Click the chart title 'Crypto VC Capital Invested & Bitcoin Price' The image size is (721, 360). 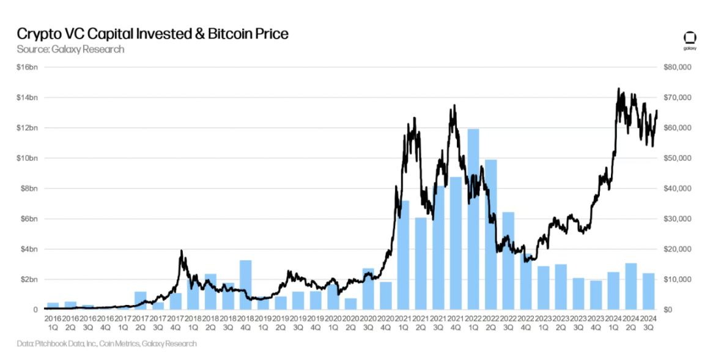pos(152,34)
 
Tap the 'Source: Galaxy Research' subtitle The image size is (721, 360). pos(70,49)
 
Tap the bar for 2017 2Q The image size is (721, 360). pos(141,300)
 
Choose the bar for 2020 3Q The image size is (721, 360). pos(368,288)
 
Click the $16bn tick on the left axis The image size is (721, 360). pos(27,67)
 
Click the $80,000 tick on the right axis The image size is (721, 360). pos(676,67)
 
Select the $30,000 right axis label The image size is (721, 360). pos(676,219)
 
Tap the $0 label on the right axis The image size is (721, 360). pos(668,310)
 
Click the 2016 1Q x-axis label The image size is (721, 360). pos(53,323)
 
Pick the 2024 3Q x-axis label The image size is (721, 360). pos(648,323)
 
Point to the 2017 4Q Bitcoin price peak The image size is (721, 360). pos(181,251)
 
